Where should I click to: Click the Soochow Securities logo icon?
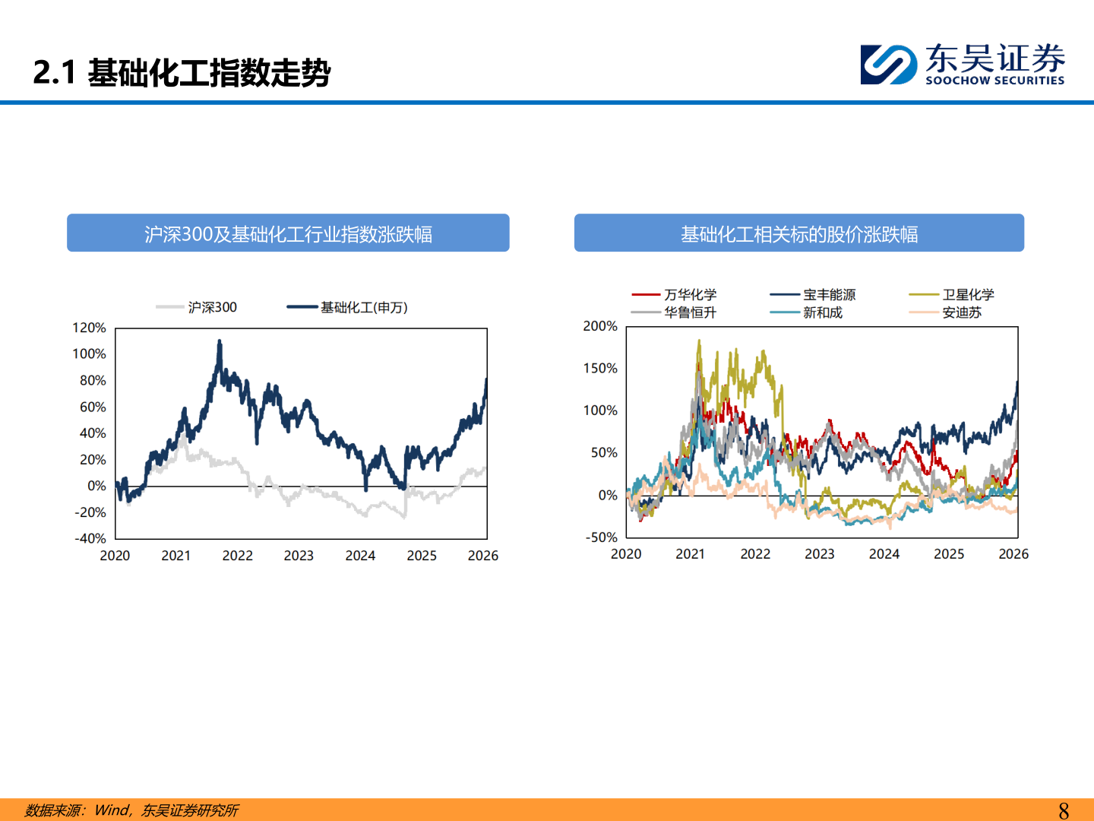888,65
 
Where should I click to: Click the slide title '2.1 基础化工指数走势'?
182,73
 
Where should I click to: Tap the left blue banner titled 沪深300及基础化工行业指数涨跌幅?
288,233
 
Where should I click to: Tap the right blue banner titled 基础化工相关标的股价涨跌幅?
798,233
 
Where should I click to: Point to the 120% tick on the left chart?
89,328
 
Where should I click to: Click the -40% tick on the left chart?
90,538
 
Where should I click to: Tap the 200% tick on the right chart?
600,326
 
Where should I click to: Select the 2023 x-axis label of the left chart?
299,556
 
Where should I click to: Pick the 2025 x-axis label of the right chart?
949,554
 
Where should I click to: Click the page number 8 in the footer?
1064,810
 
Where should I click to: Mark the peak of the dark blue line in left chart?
220,341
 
